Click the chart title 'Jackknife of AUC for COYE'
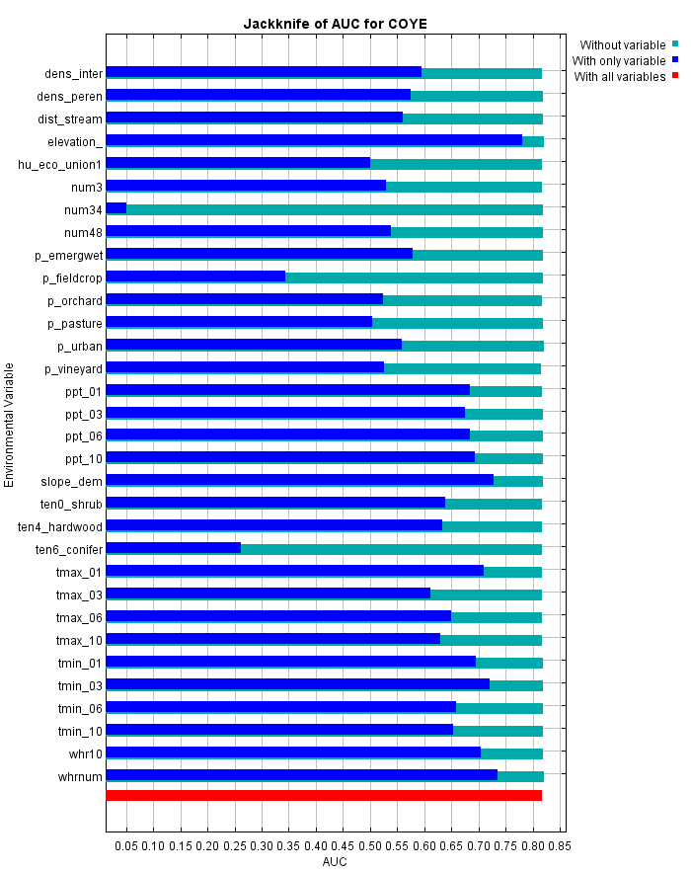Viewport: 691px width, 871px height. pyautogui.click(x=335, y=23)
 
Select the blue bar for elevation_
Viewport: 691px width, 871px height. pyautogui.click(x=314, y=140)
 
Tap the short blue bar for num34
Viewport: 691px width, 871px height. pyautogui.click(x=116, y=208)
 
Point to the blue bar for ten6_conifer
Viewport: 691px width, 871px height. pyautogui.click(x=174, y=548)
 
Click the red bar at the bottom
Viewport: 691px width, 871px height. pyautogui.click(x=324, y=795)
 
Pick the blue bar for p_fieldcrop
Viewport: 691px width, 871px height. pyautogui.click(x=195, y=277)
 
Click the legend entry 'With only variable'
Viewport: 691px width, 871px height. pyautogui.click(x=619, y=60)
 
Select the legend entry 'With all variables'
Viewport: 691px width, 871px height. pyautogui.click(x=619, y=76)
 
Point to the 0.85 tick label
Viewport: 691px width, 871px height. pyautogui.click(x=560, y=846)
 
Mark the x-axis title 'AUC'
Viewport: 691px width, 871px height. pyautogui.click(x=335, y=862)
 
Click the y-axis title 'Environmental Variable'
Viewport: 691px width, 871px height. pyautogui.click(x=9, y=425)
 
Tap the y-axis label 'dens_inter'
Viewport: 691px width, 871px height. pyautogui.click(x=73, y=73)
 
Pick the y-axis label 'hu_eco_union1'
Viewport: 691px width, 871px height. pyautogui.click(x=60, y=163)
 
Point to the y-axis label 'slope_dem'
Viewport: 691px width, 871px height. pyautogui.click(x=71, y=481)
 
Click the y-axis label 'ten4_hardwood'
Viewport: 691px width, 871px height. pyautogui.click(x=60, y=526)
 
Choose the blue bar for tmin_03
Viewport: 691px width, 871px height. pyautogui.click(x=297, y=684)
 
